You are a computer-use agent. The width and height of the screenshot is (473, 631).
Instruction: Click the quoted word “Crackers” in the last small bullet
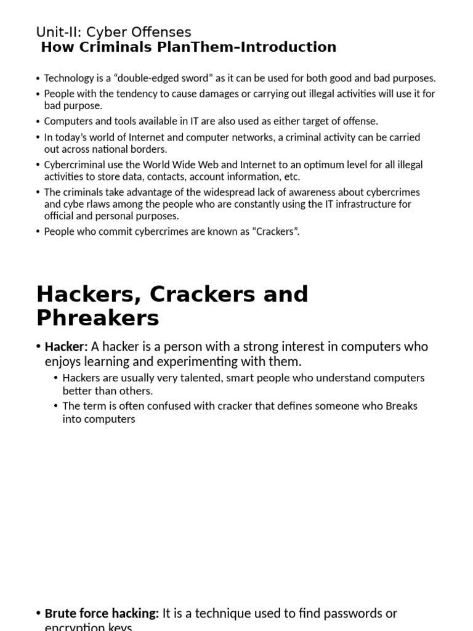(x=275, y=232)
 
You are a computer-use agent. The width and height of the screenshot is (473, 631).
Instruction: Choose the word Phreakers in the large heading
(x=97, y=318)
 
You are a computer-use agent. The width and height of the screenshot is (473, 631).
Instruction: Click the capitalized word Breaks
(x=401, y=406)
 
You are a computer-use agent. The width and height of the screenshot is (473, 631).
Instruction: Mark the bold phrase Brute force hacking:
(x=102, y=614)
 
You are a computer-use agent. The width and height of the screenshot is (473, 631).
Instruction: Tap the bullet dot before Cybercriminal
(x=38, y=165)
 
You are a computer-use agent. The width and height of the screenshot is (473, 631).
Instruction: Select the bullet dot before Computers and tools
(x=38, y=121)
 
